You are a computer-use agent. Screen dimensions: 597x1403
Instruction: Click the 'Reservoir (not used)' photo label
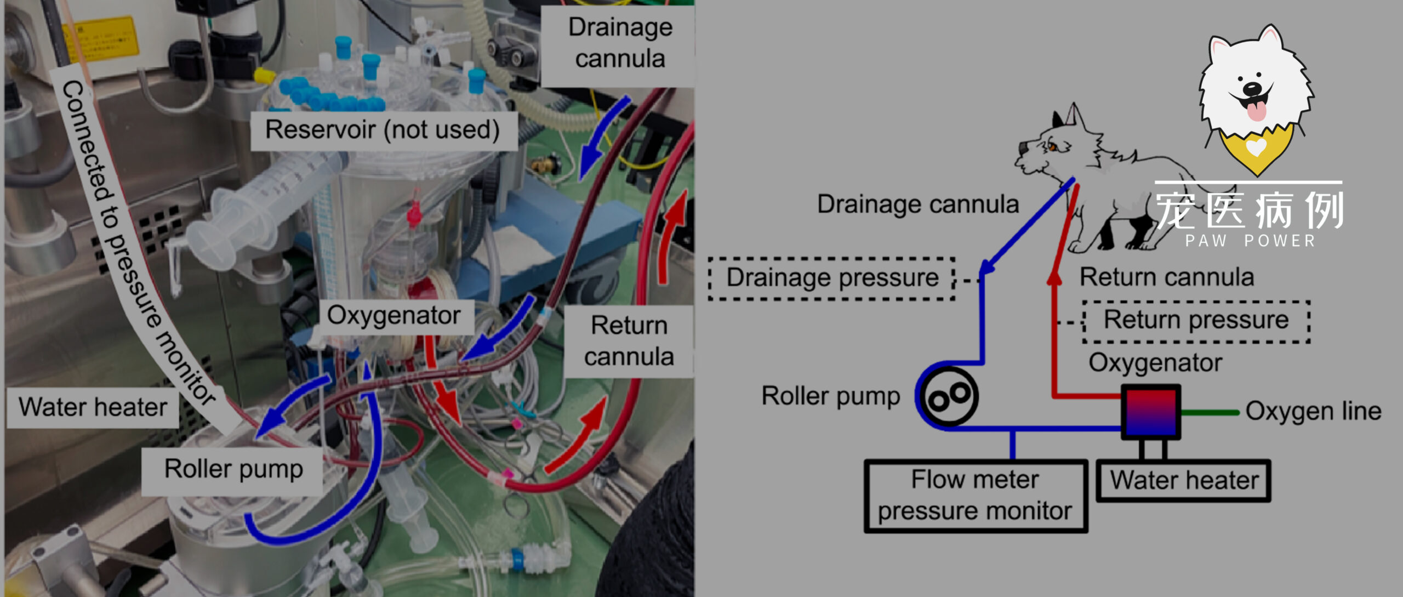pos(383,130)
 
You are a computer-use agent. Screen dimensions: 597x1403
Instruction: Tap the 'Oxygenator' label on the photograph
pos(393,316)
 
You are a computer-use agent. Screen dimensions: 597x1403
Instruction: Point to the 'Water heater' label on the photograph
pos(92,407)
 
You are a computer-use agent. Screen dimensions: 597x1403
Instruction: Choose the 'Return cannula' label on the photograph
pos(628,341)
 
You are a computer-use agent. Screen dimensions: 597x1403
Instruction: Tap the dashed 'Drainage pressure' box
pos(832,278)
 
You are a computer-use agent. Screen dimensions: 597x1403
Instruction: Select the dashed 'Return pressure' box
pos(1196,321)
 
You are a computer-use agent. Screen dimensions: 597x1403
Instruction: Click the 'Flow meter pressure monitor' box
pos(975,496)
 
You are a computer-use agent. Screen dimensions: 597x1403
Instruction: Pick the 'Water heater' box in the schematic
pos(1184,481)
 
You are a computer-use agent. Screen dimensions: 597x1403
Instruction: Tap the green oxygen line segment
pos(1210,412)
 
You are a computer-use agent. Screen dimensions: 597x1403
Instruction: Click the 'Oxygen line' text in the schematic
pos(1313,411)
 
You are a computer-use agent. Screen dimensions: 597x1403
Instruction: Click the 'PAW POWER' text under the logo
pos(1250,241)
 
